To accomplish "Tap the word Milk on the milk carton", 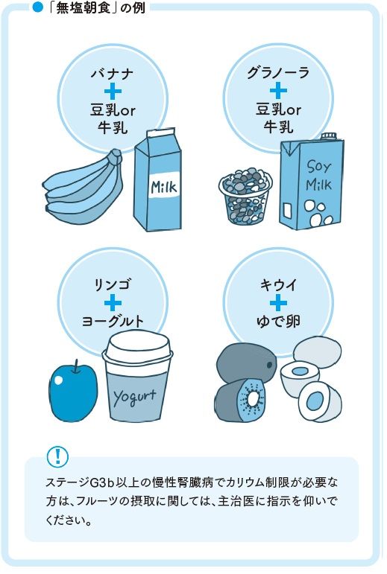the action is (164, 187).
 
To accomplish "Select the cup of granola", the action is (245, 195).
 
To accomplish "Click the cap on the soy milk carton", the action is (328, 137).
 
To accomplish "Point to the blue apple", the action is (74, 390).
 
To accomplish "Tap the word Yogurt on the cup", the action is (134, 397).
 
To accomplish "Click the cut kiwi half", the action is (240, 401).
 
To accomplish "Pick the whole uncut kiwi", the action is (246, 363).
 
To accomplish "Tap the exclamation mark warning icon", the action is (57, 456).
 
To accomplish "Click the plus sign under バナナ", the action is (113, 91).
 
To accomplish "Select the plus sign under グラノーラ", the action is (279, 90).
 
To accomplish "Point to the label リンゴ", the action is (112, 284).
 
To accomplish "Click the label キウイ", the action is (278, 284).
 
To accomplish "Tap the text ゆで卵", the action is (278, 321).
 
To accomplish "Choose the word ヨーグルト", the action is (113, 321).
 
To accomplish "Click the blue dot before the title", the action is (38, 7).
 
